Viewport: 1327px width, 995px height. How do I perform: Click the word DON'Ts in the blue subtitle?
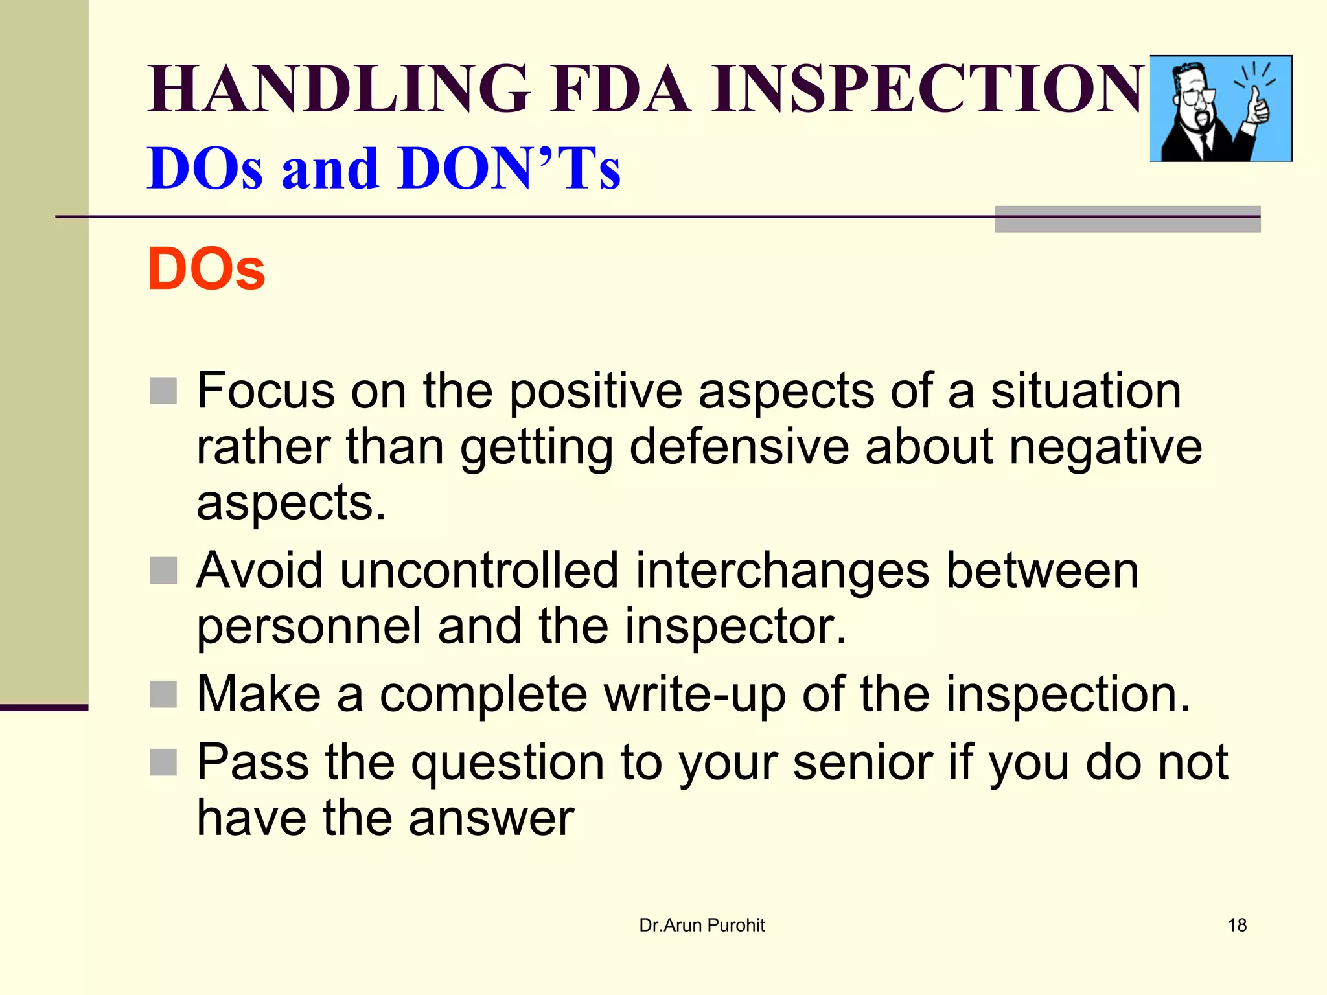pyautogui.click(x=510, y=169)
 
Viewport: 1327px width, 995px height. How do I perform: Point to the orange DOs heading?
pyautogui.click(x=206, y=269)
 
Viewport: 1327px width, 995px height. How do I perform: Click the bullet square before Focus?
pyautogui.click(x=163, y=391)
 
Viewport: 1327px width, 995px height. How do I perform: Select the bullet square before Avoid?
pyautogui.click(x=163, y=571)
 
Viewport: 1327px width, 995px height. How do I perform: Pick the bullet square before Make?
pyautogui.click(x=163, y=694)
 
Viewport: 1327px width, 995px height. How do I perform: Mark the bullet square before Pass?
pyautogui.click(x=163, y=762)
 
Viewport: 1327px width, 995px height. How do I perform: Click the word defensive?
pyautogui.click(x=739, y=447)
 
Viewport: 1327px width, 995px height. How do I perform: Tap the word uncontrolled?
pyautogui.click(x=479, y=571)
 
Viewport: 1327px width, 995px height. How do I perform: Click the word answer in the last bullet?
pyautogui.click(x=491, y=818)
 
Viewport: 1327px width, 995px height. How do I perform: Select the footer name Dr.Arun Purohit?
pyautogui.click(x=702, y=925)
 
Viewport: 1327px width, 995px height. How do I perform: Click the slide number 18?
pyautogui.click(x=1237, y=925)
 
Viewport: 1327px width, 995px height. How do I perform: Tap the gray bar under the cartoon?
pyautogui.click(x=1127, y=220)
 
